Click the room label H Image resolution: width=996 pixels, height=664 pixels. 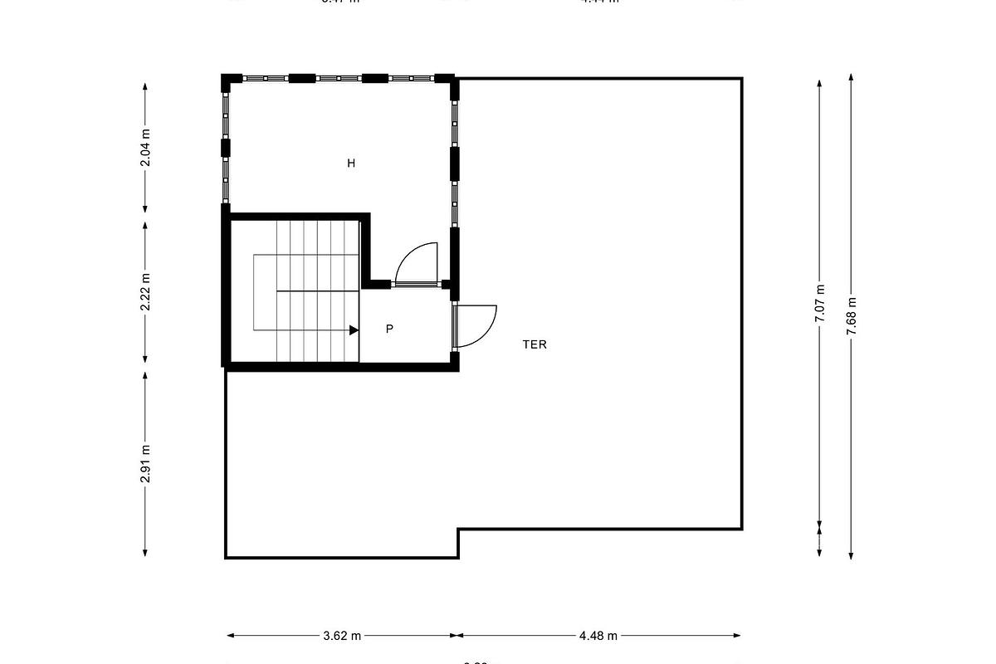click(351, 164)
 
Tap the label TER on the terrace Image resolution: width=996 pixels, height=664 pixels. click(535, 344)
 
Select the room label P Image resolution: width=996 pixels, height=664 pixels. click(389, 330)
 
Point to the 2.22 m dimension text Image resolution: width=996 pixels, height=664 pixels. click(145, 292)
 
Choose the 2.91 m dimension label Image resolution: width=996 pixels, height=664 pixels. click(145, 463)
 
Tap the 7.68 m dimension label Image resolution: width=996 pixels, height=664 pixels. click(852, 316)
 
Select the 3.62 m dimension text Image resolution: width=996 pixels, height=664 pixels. click(342, 636)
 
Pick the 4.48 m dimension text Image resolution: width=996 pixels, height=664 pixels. click(598, 636)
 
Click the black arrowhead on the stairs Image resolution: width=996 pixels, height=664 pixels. click(354, 330)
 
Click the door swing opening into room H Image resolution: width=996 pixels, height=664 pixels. click(417, 263)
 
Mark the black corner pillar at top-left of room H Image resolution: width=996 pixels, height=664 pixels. click(227, 81)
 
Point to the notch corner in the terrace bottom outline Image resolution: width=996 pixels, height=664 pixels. click(459, 530)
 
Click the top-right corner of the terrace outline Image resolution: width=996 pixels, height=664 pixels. click(741, 79)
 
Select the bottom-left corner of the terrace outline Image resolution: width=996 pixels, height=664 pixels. click(226, 557)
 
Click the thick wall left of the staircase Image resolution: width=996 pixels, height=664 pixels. click(225, 286)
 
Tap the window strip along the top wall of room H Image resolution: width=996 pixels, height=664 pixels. click(339, 78)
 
